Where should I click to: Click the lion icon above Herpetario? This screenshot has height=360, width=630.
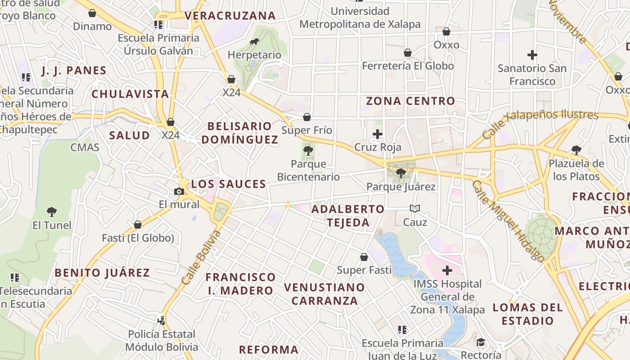tap(254, 42)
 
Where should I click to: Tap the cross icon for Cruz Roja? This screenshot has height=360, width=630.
tap(378, 134)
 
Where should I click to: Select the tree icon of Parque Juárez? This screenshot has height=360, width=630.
tap(400, 173)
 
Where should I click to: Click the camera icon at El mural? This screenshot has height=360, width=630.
tap(179, 191)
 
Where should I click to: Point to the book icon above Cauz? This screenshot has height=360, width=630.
tap(415, 209)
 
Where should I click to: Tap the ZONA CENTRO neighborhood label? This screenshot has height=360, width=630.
tap(410, 101)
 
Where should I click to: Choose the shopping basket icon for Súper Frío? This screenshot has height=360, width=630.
tap(307, 117)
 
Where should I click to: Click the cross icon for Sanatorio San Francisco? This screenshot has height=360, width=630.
tap(532, 55)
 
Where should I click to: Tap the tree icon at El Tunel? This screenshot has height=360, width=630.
tap(52, 211)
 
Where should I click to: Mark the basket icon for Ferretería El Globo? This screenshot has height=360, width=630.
tap(408, 53)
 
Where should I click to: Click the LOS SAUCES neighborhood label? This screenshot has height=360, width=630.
tap(229, 184)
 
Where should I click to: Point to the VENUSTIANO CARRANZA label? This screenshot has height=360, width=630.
tap(324, 294)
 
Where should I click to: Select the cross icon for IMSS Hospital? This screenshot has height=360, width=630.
tap(447, 270)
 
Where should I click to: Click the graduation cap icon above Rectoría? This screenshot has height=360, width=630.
tap(481, 342)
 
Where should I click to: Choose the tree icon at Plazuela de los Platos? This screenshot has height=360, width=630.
tap(576, 150)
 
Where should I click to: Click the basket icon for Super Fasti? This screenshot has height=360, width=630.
tap(364, 257)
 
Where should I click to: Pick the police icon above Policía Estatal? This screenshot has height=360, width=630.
tap(162, 321)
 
